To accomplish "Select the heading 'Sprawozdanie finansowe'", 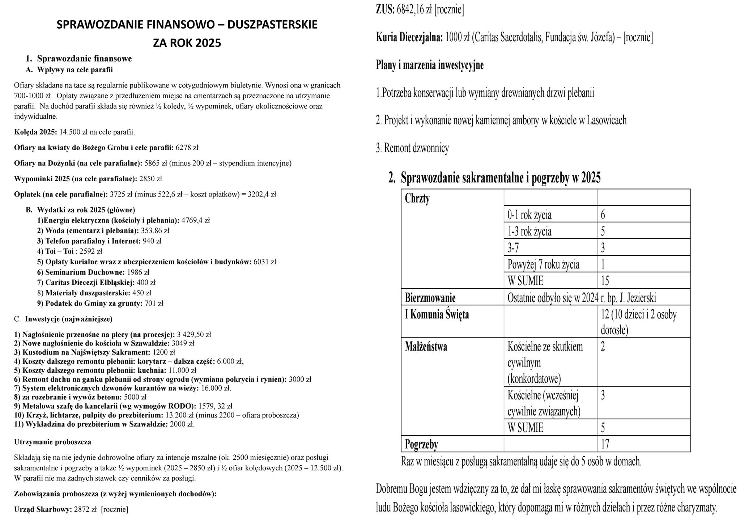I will click(x=84, y=59).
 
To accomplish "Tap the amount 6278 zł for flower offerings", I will click(x=187, y=148).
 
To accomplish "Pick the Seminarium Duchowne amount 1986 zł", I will click(x=138, y=272).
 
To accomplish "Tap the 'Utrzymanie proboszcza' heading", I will click(x=52, y=442).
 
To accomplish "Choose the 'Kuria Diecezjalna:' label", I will click(x=409, y=37).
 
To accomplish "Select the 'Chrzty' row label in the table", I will click(x=417, y=199).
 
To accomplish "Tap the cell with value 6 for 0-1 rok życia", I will click(x=603, y=215).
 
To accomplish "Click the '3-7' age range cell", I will click(x=513, y=248).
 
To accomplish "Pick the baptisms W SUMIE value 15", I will click(x=605, y=280).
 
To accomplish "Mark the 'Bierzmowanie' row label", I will click(x=430, y=298).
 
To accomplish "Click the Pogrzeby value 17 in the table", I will click(x=605, y=444).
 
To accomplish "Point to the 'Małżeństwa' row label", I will click(x=426, y=347).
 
